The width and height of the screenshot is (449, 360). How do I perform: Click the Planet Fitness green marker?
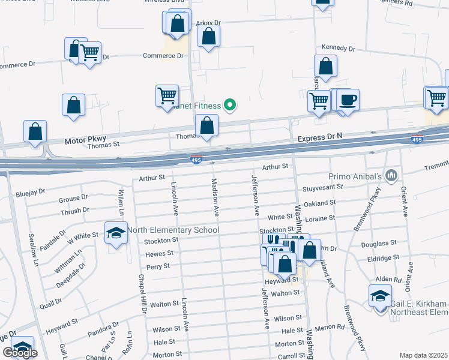229,106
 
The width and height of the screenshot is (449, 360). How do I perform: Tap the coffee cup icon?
347,99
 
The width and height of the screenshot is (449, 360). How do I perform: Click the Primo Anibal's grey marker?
392,175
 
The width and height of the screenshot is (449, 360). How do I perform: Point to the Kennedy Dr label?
339,47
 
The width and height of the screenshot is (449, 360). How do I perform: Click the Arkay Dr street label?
208,23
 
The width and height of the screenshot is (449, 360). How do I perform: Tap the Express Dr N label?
319,137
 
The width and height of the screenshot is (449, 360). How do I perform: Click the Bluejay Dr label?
31,192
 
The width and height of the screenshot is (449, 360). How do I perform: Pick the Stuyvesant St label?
322,187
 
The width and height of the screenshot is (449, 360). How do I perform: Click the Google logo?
20,353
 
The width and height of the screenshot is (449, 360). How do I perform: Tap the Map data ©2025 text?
424,355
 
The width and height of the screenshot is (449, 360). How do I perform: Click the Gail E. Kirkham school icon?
379,296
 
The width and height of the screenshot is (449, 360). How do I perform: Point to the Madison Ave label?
214,197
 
